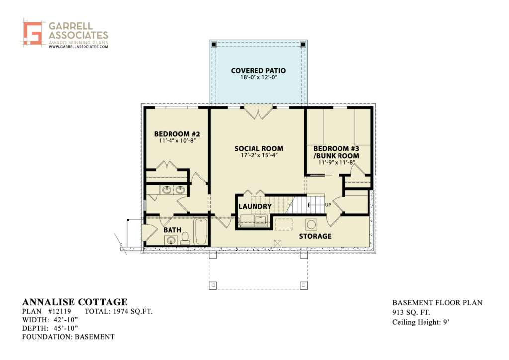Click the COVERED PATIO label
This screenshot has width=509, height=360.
(258, 71)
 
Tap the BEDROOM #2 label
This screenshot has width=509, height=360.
(177, 134)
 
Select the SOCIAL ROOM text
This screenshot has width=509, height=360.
(258, 148)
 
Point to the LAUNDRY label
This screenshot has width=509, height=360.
(255, 206)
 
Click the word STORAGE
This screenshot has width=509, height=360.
(315, 236)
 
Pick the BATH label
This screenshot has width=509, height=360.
(172, 230)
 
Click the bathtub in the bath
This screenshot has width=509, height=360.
(201, 231)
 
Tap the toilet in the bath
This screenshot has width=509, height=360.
(185, 238)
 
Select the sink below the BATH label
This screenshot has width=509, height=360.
(171, 240)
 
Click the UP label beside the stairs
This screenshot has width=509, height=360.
(328, 205)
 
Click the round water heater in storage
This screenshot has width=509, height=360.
(311, 224)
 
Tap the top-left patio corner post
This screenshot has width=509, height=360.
(213, 44)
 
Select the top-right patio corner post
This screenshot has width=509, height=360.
(303, 44)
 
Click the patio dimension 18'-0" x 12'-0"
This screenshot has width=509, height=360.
(258, 77)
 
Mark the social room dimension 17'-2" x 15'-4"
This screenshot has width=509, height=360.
(259, 155)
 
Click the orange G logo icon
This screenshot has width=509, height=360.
(32, 33)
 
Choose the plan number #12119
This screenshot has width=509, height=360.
(60, 312)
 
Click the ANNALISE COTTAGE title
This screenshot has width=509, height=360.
(75, 302)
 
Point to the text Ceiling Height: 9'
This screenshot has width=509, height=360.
(421, 322)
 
